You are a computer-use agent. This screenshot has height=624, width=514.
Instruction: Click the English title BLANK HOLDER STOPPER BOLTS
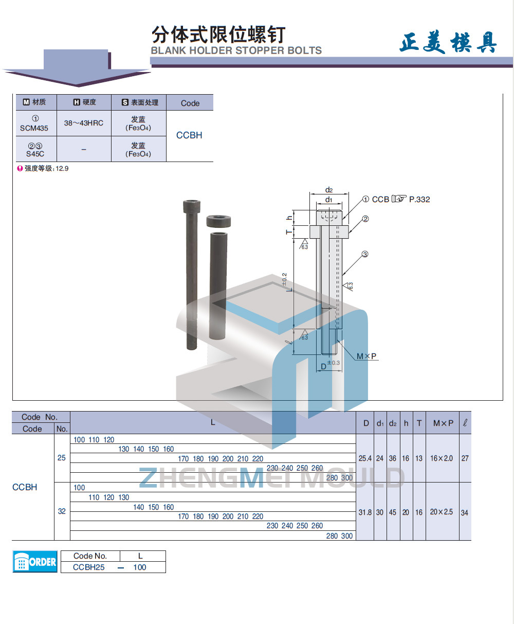[236, 50]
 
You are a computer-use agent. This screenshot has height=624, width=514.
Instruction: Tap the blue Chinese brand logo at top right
[448, 42]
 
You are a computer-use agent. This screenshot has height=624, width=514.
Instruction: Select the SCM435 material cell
[34, 123]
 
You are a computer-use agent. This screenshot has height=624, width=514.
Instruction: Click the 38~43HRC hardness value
[84, 123]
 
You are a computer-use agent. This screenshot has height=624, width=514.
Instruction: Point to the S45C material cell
[35, 149]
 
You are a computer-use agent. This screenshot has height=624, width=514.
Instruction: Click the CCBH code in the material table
[189, 135]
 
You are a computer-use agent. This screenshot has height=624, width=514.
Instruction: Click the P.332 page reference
[419, 199]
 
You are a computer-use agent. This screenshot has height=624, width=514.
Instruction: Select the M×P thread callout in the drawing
[366, 356]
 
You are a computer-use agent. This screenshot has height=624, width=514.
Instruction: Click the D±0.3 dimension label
[330, 365]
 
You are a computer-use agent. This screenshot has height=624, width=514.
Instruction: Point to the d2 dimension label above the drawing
[329, 190]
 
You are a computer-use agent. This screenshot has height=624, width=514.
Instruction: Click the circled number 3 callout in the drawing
[365, 254]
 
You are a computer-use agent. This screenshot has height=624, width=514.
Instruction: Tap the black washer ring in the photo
[218, 221]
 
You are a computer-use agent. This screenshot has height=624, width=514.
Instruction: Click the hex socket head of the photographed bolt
[191, 206]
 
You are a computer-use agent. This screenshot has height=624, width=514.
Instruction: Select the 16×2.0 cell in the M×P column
[442, 458]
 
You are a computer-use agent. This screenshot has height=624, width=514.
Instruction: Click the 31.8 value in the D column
[365, 512]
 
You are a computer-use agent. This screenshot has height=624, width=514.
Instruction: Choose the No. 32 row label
[62, 511]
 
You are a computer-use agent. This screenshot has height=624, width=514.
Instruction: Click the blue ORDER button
[35, 562]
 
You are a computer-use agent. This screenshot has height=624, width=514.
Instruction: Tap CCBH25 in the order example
[89, 567]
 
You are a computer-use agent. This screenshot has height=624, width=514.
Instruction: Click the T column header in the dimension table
[419, 423]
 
